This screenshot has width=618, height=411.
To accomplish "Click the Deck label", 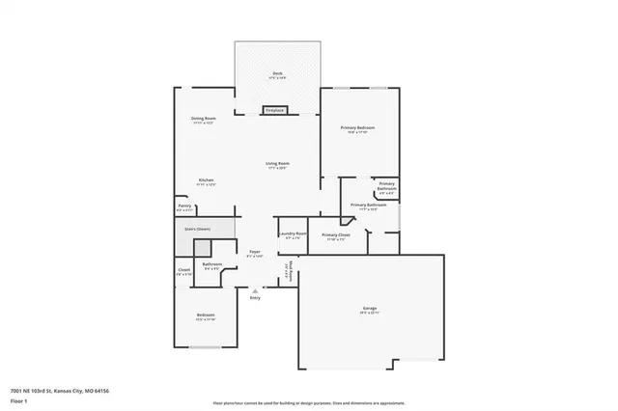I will [277, 73].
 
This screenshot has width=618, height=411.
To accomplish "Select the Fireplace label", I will [275, 111].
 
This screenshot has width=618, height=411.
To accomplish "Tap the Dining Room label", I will [203, 119].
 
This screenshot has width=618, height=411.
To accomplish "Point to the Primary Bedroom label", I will [356, 127].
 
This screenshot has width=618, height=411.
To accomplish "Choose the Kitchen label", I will [206, 180].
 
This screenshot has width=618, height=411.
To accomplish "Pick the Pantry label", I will [184, 205].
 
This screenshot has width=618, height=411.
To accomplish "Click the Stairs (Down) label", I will [197, 229].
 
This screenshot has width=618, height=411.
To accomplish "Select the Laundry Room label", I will [293, 233].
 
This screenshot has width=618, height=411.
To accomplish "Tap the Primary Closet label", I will [336, 234].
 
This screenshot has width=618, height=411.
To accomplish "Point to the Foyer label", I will [255, 252].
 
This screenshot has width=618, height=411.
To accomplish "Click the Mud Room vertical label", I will [287, 272].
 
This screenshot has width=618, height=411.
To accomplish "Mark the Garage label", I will [370, 309].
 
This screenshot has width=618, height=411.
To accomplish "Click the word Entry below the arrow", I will [255, 298].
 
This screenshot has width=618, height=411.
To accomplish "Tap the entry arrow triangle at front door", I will [255, 289].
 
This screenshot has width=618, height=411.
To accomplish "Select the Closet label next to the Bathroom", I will [184, 270].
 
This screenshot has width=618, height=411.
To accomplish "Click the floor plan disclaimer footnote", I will [308, 401].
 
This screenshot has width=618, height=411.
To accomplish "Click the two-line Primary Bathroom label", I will [386, 185].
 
